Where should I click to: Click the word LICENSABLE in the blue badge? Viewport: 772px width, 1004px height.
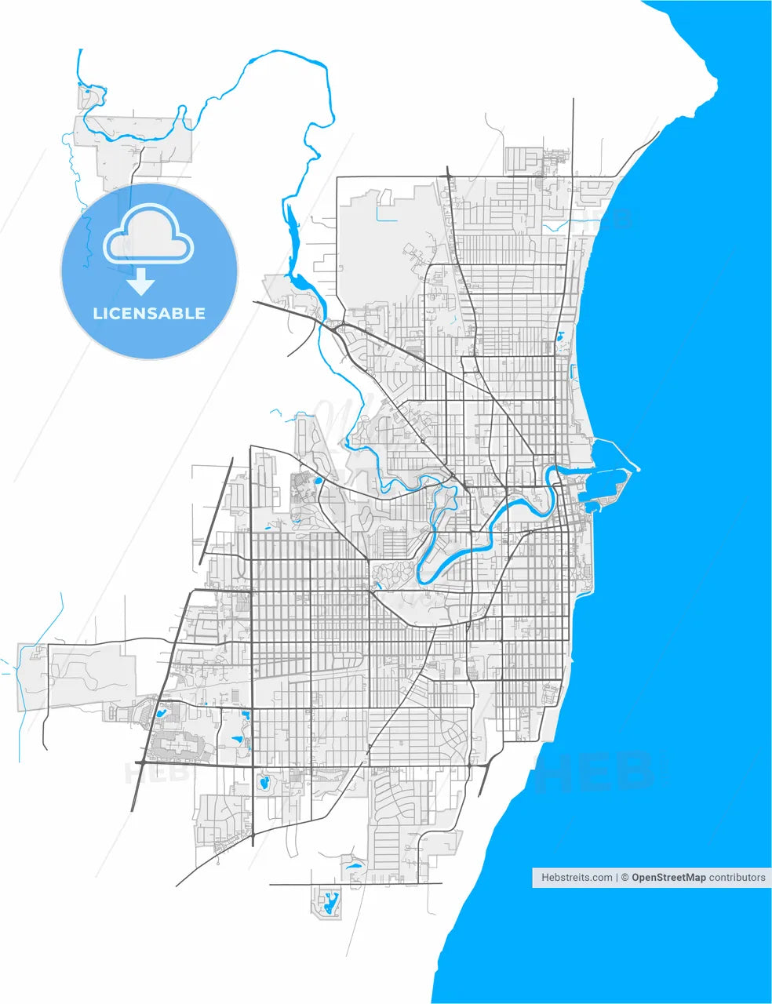tap(149, 314)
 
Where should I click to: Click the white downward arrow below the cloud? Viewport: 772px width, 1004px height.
tap(141, 280)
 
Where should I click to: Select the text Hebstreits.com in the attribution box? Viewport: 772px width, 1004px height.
tap(577, 878)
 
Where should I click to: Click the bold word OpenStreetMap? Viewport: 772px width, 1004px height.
tap(668, 878)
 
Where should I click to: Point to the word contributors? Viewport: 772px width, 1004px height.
tap(737, 878)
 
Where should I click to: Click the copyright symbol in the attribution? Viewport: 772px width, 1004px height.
tap(625, 878)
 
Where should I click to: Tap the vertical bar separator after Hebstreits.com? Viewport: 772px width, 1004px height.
tap(617, 878)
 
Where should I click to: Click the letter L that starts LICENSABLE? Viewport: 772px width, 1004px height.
tap(97, 314)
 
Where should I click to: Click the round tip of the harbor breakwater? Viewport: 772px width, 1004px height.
tap(638, 470)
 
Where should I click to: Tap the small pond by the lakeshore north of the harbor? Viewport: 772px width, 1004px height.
tap(559, 338)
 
